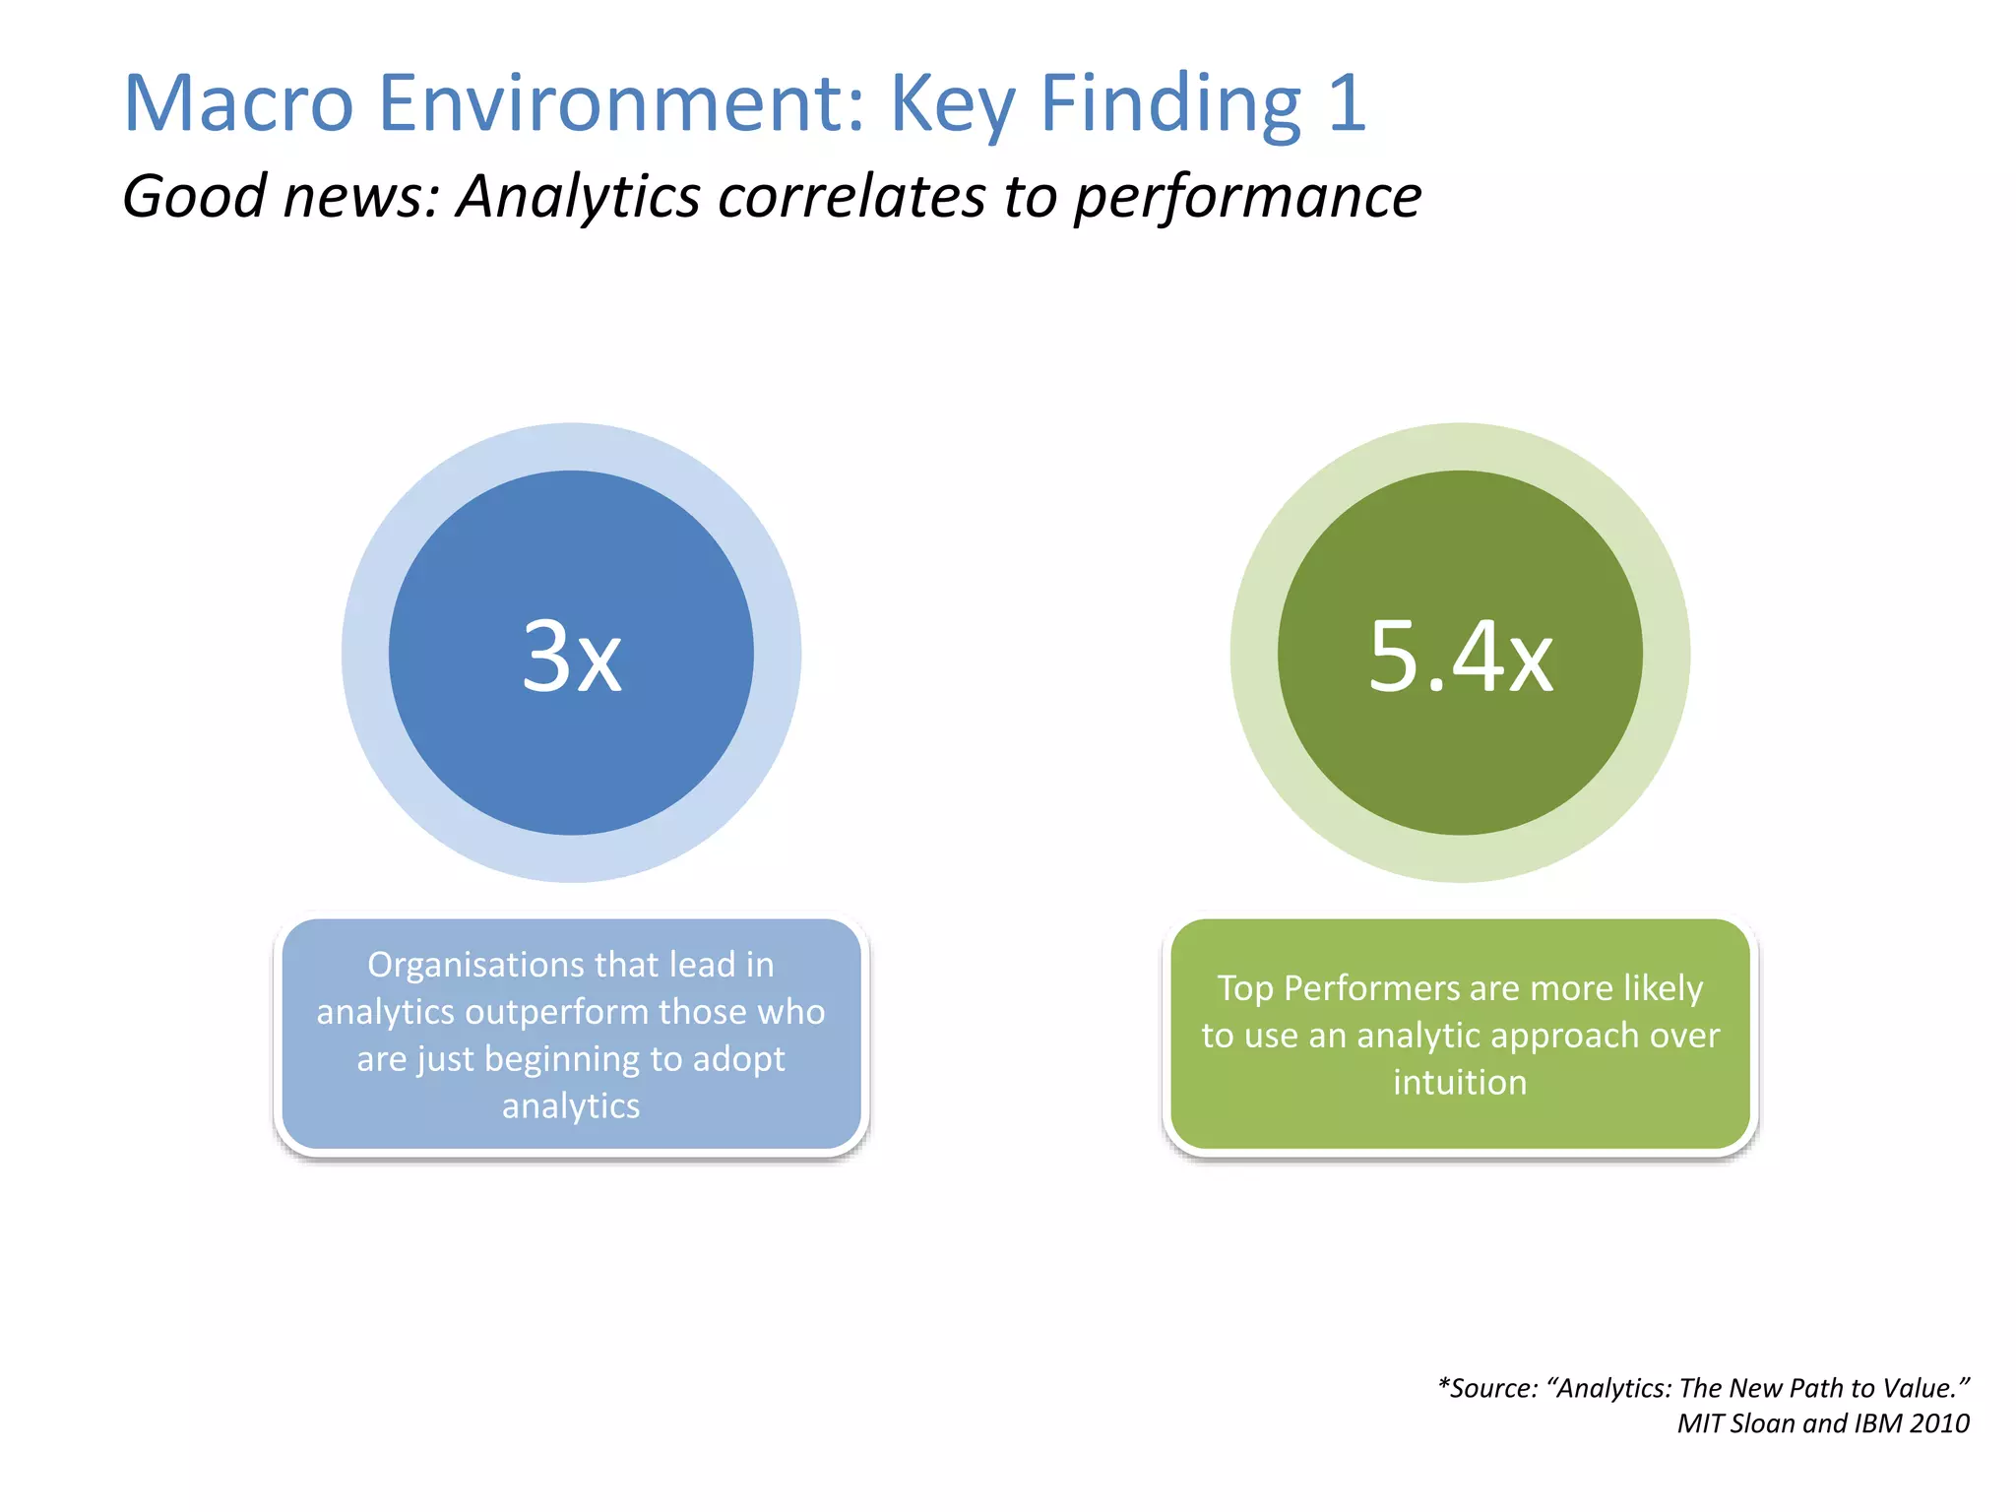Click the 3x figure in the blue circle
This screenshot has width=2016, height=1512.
click(x=571, y=657)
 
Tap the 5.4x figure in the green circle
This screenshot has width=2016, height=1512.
click(x=1460, y=657)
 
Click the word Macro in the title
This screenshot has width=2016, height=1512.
click(x=238, y=103)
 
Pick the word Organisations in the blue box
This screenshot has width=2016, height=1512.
click(x=463, y=966)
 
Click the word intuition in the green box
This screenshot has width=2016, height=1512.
click(x=1460, y=1083)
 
